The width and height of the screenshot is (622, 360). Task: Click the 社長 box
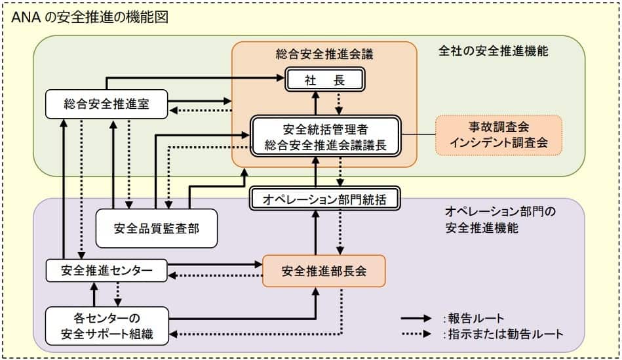324,80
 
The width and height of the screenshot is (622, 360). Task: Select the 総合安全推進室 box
107,104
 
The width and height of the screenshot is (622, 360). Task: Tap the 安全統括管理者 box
326,136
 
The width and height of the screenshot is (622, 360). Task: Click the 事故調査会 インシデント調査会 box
499,134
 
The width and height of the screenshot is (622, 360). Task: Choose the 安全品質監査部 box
157,228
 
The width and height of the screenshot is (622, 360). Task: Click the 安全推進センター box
107,269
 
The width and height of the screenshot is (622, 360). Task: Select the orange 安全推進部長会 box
324,270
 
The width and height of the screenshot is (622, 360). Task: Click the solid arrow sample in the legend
419,319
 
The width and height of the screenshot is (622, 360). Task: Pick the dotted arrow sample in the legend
419,334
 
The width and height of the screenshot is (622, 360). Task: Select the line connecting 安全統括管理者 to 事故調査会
418,135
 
